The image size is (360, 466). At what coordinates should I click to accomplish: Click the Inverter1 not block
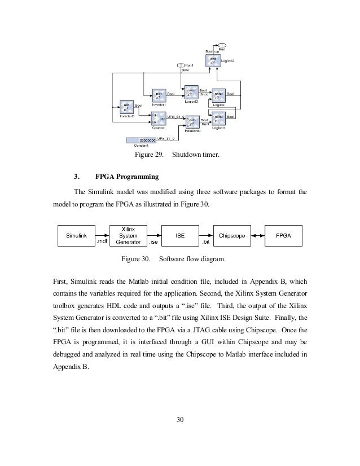tap(159, 95)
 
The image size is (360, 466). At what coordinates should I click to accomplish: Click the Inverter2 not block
tap(126, 107)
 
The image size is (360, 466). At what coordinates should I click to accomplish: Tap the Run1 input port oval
tap(181, 65)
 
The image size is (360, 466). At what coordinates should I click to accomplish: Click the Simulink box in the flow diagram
tap(76, 235)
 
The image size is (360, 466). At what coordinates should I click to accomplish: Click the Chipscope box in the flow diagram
tap(232, 235)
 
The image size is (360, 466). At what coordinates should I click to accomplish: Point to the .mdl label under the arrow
tap(102, 242)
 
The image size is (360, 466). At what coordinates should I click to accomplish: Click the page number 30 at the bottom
tap(180, 419)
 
